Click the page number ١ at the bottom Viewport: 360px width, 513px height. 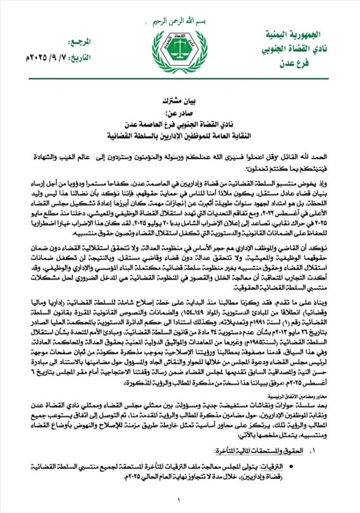[x=179, y=500]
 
